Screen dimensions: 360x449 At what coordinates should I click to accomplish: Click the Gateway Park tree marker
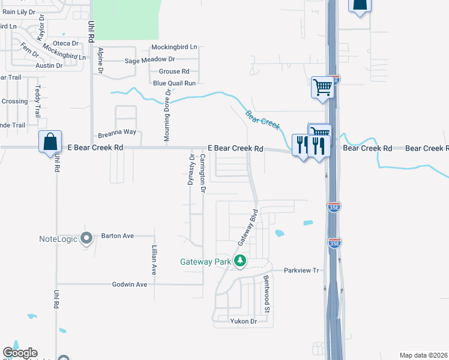[240, 260]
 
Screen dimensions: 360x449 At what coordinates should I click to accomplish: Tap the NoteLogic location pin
[86, 239]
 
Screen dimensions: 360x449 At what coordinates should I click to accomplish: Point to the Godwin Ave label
[130, 284]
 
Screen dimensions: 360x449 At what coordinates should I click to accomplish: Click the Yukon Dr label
[243, 322]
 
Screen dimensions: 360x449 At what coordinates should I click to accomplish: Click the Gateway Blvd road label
[247, 227]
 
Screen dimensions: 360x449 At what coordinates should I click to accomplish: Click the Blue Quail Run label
[174, 83]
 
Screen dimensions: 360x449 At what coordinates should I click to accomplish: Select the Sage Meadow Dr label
[149, 59]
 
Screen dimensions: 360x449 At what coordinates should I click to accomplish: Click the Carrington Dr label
[203, 173]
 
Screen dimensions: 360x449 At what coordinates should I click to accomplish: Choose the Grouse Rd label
[173, 71]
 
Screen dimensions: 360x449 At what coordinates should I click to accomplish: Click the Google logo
[20, 353]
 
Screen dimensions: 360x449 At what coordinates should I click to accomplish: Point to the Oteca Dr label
[66, 43]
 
